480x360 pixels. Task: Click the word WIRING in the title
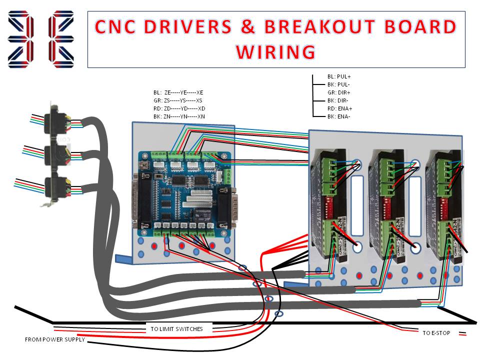pos(275,51)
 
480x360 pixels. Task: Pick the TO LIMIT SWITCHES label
pos(176,329)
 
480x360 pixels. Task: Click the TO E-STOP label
pos(435,332)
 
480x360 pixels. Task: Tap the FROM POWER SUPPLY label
pos(55,340)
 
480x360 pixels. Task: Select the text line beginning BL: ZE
pos(178,92)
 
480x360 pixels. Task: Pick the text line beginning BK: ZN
pos(179,116)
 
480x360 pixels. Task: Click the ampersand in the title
pos(247,27)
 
